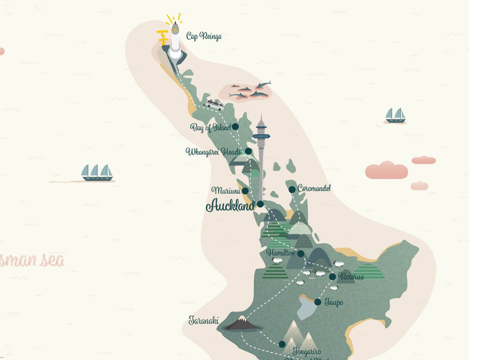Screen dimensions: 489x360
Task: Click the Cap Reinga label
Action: point(204,36)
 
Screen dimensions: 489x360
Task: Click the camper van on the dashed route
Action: point(213,104)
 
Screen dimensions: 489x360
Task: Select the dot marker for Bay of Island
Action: point(235,127)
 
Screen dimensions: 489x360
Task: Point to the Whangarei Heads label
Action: point(213,152)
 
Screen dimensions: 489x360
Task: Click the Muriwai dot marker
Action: point(245,191)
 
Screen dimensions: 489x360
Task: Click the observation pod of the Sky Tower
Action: point(261,136)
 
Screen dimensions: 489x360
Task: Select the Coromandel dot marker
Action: point(292,189)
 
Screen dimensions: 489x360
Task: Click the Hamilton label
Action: point(280,253)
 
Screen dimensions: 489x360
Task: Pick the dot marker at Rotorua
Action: point(332,277)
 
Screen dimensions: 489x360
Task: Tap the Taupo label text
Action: point(334,303)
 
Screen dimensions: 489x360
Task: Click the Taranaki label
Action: point(204,321)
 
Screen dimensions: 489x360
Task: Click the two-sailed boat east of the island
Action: point(395,115)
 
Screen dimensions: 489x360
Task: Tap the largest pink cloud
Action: point(386,171)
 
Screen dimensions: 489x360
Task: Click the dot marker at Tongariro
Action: point(282,344)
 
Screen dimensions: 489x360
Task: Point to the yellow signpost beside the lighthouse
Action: point(162,37)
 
